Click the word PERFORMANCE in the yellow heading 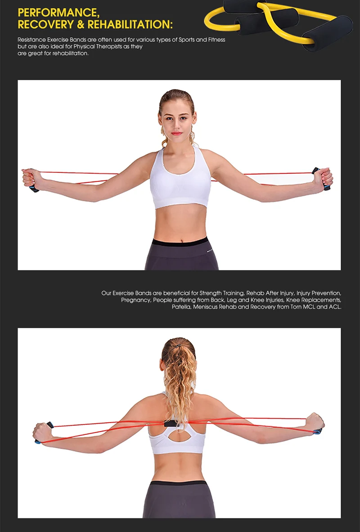58,13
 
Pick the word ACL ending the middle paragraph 335,307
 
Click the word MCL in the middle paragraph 308,307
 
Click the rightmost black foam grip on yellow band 328,33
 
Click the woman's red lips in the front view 176,133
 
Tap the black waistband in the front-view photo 180,242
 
